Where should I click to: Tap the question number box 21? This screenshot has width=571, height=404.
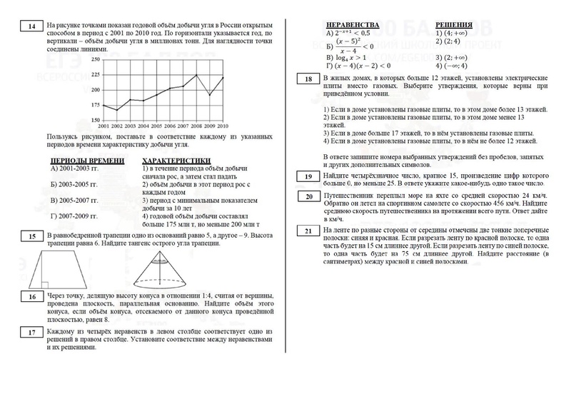(308, 231)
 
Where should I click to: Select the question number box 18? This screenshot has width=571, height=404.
(308, 79)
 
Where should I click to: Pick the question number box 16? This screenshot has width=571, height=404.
(31, 297)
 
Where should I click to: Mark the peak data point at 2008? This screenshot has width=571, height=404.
(197, 74)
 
